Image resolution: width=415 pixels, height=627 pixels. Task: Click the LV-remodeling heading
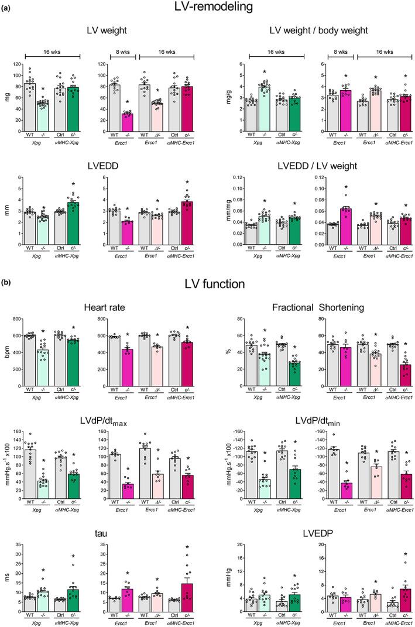pyautogui.click(x=207, y=8)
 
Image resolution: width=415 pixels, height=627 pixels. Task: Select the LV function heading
pyautogui.click(x=207, y=286)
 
